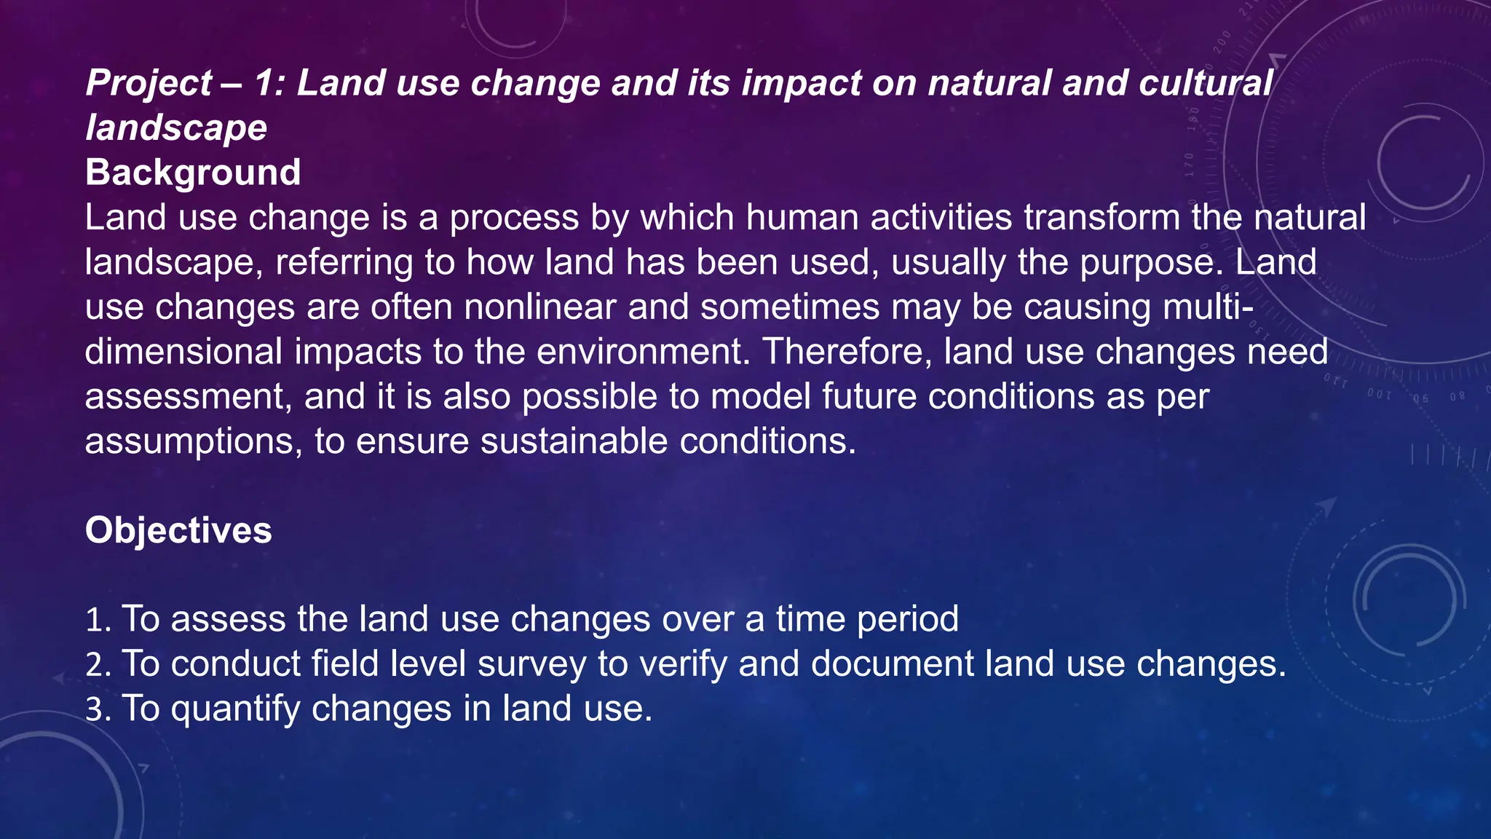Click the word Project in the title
pos(149,83)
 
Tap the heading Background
pos(193,173)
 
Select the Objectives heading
pos(178,530)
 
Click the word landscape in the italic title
pos(176,128)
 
